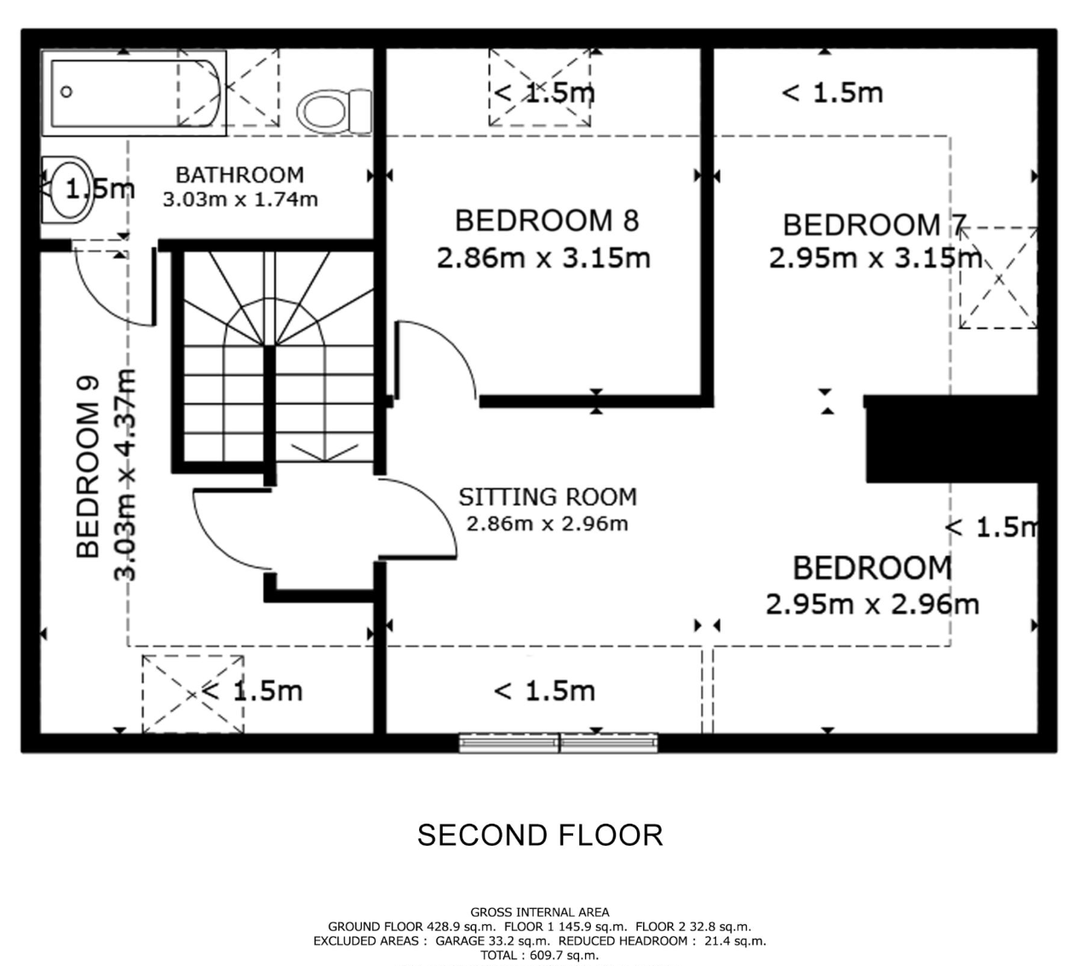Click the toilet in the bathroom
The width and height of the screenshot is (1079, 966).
[x=335, y=112]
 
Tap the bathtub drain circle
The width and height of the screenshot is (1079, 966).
[x=66, y=92]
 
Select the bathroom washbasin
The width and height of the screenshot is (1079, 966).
[x=67, y=190]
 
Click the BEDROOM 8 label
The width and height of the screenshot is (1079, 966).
[x=547, y=221]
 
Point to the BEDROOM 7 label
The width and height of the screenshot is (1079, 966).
[x=874, y=225]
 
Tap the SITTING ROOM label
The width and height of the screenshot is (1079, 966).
[x=548, y=497]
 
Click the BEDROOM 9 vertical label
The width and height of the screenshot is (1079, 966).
[x=89, y=468]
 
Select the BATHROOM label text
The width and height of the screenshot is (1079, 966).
[x=239, y=175]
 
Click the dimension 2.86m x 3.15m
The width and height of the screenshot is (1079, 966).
[x=544, y=258]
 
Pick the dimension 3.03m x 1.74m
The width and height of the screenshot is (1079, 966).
[x=240, y=200]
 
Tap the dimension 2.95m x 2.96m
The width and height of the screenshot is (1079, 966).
[x=872, y=605]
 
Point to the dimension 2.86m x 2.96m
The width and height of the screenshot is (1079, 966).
[x=548, y=524]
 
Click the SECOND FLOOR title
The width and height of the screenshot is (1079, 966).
[x=540, y=835]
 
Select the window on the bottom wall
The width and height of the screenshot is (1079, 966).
[x=559, y=744]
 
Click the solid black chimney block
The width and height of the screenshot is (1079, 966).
[x=951, y=439]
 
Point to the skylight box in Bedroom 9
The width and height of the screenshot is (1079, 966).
[x=192, y=694]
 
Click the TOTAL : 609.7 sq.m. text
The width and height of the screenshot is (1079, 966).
[x=540, y=955]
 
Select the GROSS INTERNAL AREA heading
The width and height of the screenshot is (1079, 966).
[x=540, y=912]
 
